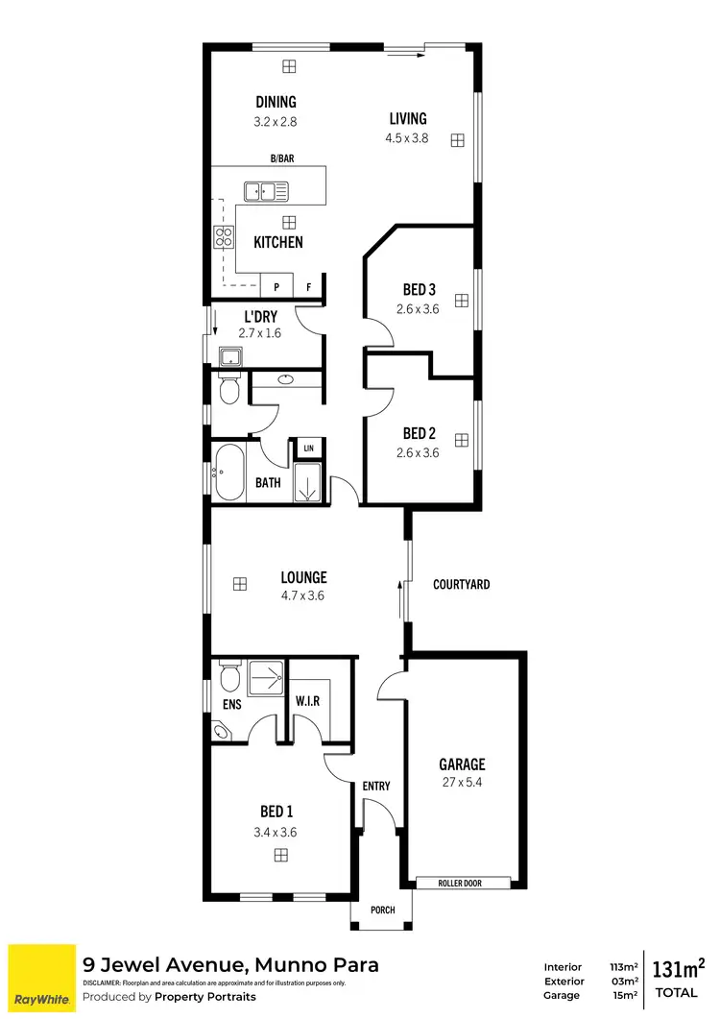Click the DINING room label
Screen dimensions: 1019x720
[x=276, y=102]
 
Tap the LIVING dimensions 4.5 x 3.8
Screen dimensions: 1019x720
[x=408, y=137]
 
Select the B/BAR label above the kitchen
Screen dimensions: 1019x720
[x=281, y=158]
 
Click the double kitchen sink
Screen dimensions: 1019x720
[x=266, y=192]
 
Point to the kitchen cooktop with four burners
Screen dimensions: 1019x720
[x=224, y=237]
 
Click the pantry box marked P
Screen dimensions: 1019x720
[x=276, y=287]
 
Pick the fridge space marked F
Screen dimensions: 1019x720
[x=308, y=287]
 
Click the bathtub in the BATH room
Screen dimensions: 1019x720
[x=229, y=473]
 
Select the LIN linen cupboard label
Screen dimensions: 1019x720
[x=308, y=449]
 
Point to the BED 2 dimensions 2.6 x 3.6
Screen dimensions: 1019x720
[x=418, y=453]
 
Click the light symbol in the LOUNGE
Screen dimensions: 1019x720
[x=238, y=583]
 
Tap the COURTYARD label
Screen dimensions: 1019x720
[x=461, y=584]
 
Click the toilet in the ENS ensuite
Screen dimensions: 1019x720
[x=228, y=678]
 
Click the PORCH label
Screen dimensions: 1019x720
[x=381, y=910]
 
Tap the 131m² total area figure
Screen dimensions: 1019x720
[x=679, y=967]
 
